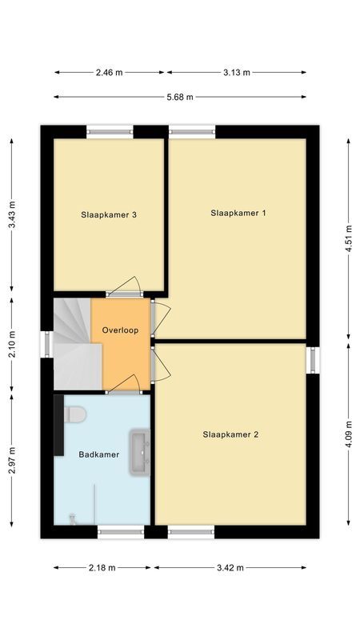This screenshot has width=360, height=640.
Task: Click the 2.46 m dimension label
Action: [x=109, y=72]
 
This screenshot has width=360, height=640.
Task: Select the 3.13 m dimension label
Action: [x=236, y=72]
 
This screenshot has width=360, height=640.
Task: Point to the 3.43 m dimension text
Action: [x=11, y=215]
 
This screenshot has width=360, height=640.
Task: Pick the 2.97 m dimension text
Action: [x=11, y=460]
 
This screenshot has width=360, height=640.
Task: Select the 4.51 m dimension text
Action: [x=349, y=238]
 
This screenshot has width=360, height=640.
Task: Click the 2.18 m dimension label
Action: [x=102, y=567]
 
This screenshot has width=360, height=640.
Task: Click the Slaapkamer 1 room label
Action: [x=238, y=213]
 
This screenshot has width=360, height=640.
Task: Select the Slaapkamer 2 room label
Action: [x=230, y=434]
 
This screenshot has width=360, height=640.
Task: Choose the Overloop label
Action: [x=120, y=330]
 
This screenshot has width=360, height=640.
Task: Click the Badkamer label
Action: [x=98, y=454]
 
